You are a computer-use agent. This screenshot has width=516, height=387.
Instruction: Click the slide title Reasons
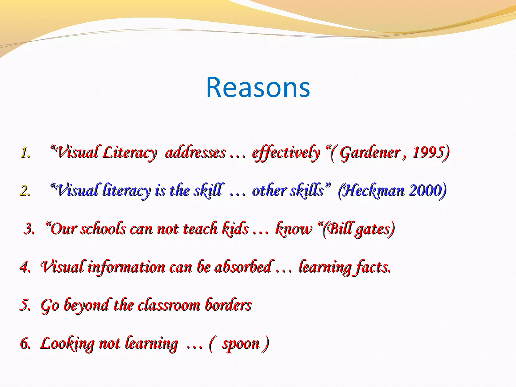coord(258,87)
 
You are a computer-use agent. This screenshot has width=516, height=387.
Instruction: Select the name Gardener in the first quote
coord(370,153)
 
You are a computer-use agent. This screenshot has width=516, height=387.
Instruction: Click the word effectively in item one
coord(286,153)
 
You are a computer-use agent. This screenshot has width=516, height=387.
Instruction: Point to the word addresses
coord(195,153)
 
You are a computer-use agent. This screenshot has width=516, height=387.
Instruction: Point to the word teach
coord(200,229)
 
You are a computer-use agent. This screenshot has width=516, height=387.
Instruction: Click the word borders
coord(228,305)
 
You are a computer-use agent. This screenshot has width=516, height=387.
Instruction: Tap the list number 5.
coord(25,305)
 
